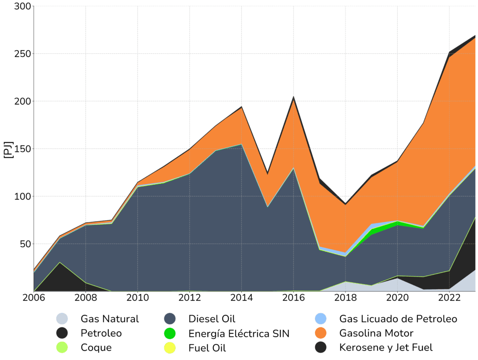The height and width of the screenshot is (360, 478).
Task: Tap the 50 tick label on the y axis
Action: tap(26, 244)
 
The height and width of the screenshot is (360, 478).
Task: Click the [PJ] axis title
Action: tap(8, 149)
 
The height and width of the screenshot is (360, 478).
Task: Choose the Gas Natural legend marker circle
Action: tap(62, 319)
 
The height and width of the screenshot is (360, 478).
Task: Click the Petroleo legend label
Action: tap(101, 333)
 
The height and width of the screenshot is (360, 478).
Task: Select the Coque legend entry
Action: tap(96, 347)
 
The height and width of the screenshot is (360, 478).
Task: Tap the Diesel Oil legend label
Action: tap(212, 319)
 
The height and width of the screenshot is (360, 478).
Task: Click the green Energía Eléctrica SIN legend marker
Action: tap(170, 333)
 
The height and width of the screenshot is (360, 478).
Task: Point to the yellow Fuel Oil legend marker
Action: tap(170, 347)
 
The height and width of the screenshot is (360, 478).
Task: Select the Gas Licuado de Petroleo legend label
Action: tap(398, 319)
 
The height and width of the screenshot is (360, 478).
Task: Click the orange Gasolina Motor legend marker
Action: tap(320, 333)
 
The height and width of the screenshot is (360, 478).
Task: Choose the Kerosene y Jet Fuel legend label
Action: tap(386, 347)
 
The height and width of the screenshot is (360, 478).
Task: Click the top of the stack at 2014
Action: tap(241, 107)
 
